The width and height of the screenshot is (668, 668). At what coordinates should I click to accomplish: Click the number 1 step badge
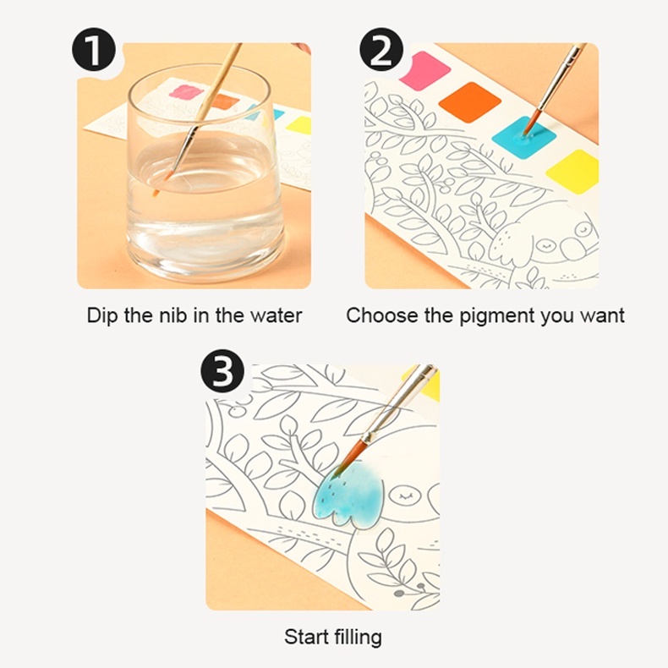click(94, 49)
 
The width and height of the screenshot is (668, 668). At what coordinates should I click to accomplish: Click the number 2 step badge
click(381, 49)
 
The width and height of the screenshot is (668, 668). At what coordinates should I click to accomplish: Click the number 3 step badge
click(222, 370)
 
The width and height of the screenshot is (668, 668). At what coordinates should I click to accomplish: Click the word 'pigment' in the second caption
click(496, 316)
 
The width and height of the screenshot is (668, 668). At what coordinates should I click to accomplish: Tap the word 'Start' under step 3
click(306, 638)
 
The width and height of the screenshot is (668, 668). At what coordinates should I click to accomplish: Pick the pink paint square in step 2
click(426, 70)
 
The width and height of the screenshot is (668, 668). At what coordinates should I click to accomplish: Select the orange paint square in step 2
click(469, 102)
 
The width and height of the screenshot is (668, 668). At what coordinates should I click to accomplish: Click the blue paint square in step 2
click(524, 137)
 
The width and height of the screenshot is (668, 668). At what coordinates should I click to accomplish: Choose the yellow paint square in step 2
click(574, 171)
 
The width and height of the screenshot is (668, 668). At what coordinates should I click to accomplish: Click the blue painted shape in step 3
click(348, 495)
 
